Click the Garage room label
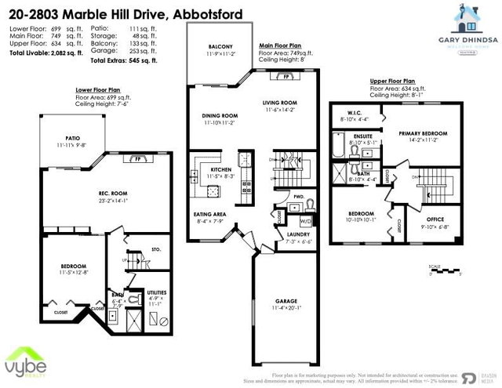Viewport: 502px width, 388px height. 282,300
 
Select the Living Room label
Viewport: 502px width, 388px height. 278,103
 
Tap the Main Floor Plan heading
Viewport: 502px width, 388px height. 283,46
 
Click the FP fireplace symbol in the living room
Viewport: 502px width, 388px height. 287,78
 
